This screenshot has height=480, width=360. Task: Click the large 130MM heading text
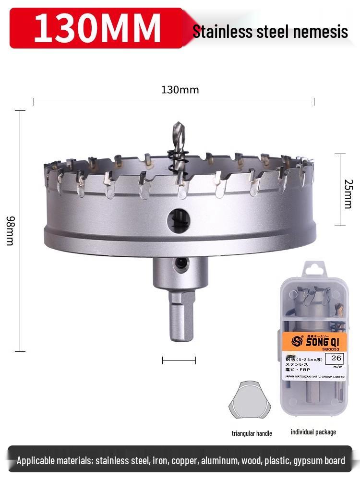pyautogui.click(x=97, y=28)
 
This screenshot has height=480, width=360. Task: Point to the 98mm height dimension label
pyautogui.click(x=10, y=230)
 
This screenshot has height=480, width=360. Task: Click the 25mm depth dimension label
pyautogui.click(x=348, y=194)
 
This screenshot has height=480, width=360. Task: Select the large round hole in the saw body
pyautogui.click(x=179, y=220)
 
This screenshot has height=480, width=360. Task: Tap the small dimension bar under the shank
pyautogui.click(x=179, y=360)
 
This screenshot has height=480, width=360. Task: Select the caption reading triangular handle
pyautogui.click(x=252, y=433)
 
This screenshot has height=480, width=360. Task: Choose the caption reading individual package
pyautogui.click(x=313, y=432)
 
